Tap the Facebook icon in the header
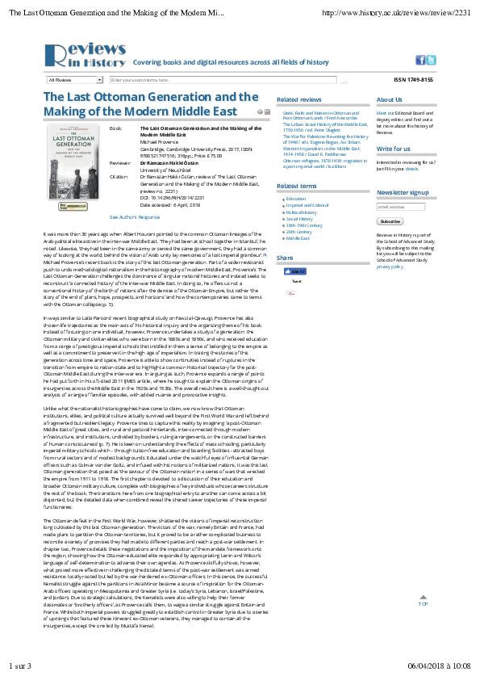point(420,60)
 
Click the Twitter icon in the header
point(432,60)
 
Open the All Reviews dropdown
point(75,80)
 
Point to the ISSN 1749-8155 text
point(413,80)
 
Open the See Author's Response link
point(135,217)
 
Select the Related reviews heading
point(298,100)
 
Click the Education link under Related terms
point(296,199)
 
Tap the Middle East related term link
point(298,238)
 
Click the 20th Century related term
point(299,232)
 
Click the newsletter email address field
point(401,207)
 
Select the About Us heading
point(390,100)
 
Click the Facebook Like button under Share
point(297,272)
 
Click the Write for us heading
point(394,149)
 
